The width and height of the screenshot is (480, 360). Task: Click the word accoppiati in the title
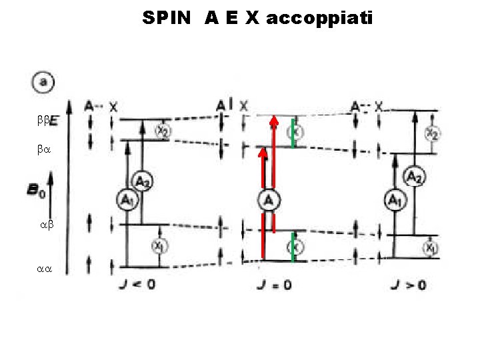[320, 18]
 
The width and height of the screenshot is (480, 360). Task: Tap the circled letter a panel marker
[43, 83]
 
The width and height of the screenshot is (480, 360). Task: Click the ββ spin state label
[44, 120]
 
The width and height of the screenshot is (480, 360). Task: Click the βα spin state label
[43, 151]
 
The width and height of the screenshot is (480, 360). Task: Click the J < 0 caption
[137, 285]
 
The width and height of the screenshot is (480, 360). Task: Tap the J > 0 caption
[408, 285]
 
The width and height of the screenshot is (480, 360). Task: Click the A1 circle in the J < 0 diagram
[126, 199]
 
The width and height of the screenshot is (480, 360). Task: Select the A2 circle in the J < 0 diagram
[142, 180]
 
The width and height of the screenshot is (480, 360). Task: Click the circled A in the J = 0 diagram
[269, 200]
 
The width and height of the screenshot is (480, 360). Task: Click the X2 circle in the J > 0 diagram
[432, 133]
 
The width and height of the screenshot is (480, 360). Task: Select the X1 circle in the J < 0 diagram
[160, 246]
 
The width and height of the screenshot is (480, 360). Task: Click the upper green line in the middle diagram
[293, 130]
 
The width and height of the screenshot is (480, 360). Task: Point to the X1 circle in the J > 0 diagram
[431, 249]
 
